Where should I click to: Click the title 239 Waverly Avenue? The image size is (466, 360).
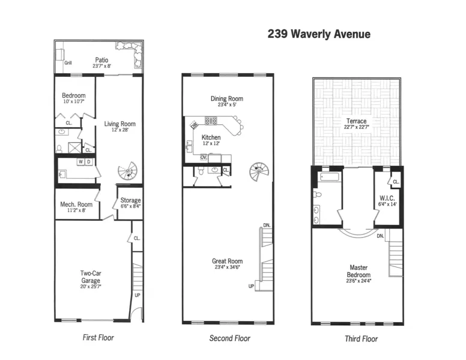click(x=318, y=34)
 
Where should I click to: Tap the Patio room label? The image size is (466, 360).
click(x=101, y=60)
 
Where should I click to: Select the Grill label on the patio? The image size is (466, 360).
click(x=68, y=62)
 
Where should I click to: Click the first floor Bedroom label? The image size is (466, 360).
click(x=73, y=96)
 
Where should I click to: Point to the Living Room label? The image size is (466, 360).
click(x=120, y=125)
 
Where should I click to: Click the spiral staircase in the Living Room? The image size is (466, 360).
click(x=128, y=172)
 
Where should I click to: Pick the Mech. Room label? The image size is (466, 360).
click(x=76, y=204)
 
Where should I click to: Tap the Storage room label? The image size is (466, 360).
click(x=130, y=200)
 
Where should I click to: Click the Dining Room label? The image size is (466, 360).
click(x=226, y=99)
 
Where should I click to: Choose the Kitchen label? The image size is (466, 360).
click(x=211, y=137)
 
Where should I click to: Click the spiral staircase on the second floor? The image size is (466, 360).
click(x=260, y=172)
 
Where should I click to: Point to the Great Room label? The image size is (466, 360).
click(x=227, y=261)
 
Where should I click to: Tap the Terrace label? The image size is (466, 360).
click(x=357, y=121)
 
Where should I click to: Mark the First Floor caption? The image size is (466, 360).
click(x=98, y=338)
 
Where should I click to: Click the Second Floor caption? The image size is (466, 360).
click(x=229, y=338)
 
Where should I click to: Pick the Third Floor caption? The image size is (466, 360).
click(x=361, y=339)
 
